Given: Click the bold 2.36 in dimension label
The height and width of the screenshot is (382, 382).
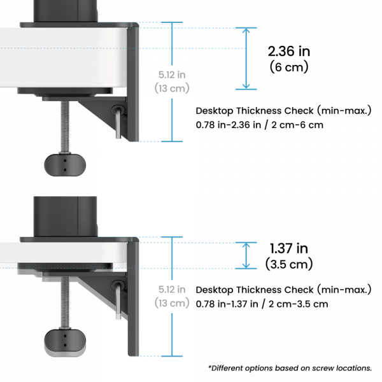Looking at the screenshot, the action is coord(289,52).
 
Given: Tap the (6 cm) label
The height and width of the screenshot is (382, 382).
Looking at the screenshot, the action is coord(289,67).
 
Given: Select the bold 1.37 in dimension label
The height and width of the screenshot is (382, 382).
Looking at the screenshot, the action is coord(289,248).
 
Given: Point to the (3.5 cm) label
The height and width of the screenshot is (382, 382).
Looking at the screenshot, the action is coord(289,264).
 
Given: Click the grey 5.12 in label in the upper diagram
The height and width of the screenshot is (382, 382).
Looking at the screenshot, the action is coord(172,74).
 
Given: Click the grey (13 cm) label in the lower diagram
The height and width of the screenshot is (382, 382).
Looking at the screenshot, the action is coord(172,303).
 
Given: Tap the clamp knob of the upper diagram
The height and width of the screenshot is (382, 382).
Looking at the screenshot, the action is coord(65,165).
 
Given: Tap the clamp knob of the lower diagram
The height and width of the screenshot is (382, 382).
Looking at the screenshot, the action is coord(65,341).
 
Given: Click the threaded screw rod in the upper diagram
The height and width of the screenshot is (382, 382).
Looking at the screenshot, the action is coord(65,127).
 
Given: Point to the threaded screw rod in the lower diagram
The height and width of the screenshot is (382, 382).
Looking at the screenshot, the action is coord(65,302).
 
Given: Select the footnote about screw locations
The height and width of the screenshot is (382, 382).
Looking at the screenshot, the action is coord(290,368).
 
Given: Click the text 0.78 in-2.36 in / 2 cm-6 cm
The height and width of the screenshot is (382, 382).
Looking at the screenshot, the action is coord(260,125).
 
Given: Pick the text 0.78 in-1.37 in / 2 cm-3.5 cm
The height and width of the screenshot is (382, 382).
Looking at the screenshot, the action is coord(262,304).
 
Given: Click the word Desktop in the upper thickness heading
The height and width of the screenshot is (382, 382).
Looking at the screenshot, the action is coord(215,111).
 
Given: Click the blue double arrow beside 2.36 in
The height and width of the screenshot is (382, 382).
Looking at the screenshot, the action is coord(246,59).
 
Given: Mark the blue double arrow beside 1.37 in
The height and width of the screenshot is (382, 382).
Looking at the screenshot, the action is coord(246,255).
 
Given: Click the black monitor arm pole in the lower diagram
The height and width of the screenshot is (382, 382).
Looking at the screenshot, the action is coord(66,216).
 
